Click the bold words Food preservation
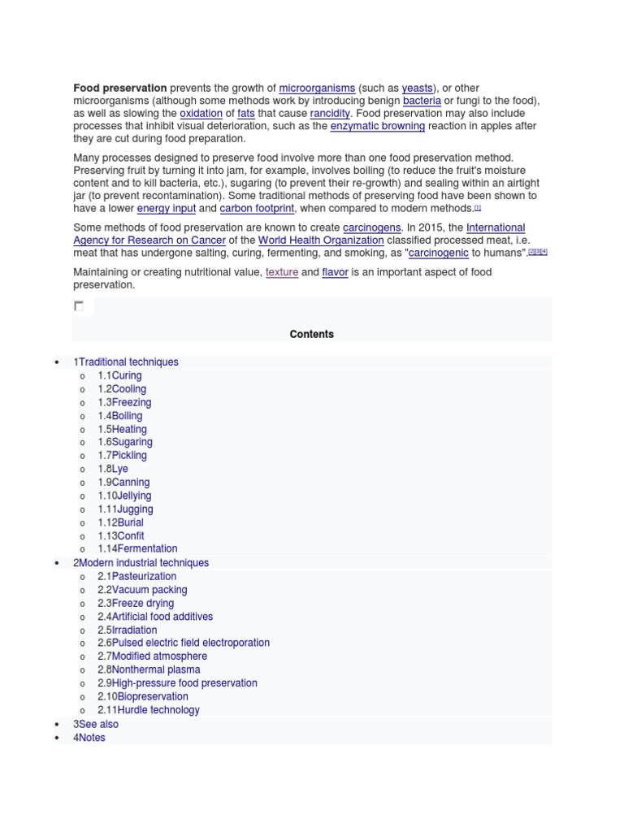pos(120,88)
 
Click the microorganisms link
pos(317,88)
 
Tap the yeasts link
pos(418,88)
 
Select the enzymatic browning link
pos(377,127)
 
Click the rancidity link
pos(330,114)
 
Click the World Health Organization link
pos(321,240)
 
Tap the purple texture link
pos(281,272)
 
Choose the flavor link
pos(335,272)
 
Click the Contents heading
pos(312,334)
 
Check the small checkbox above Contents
pos(79,306)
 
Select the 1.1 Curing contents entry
pos(119,375)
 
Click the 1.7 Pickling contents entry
pos(122,455)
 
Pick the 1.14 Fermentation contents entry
pos(137,548)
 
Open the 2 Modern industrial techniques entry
pos(141,562)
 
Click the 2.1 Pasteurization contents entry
pos(136,576)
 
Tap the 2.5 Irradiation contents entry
pos(128,630)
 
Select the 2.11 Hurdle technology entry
pos(148,709)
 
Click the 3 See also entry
pos(95,724)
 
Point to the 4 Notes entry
pos(89,738)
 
